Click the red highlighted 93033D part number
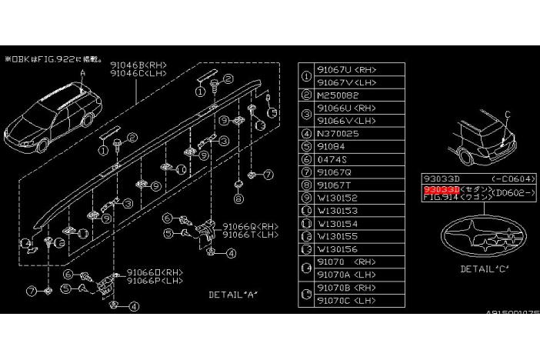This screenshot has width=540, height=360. click(x=442, y=188)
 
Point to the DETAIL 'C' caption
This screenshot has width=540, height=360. click(x=485, y=269)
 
